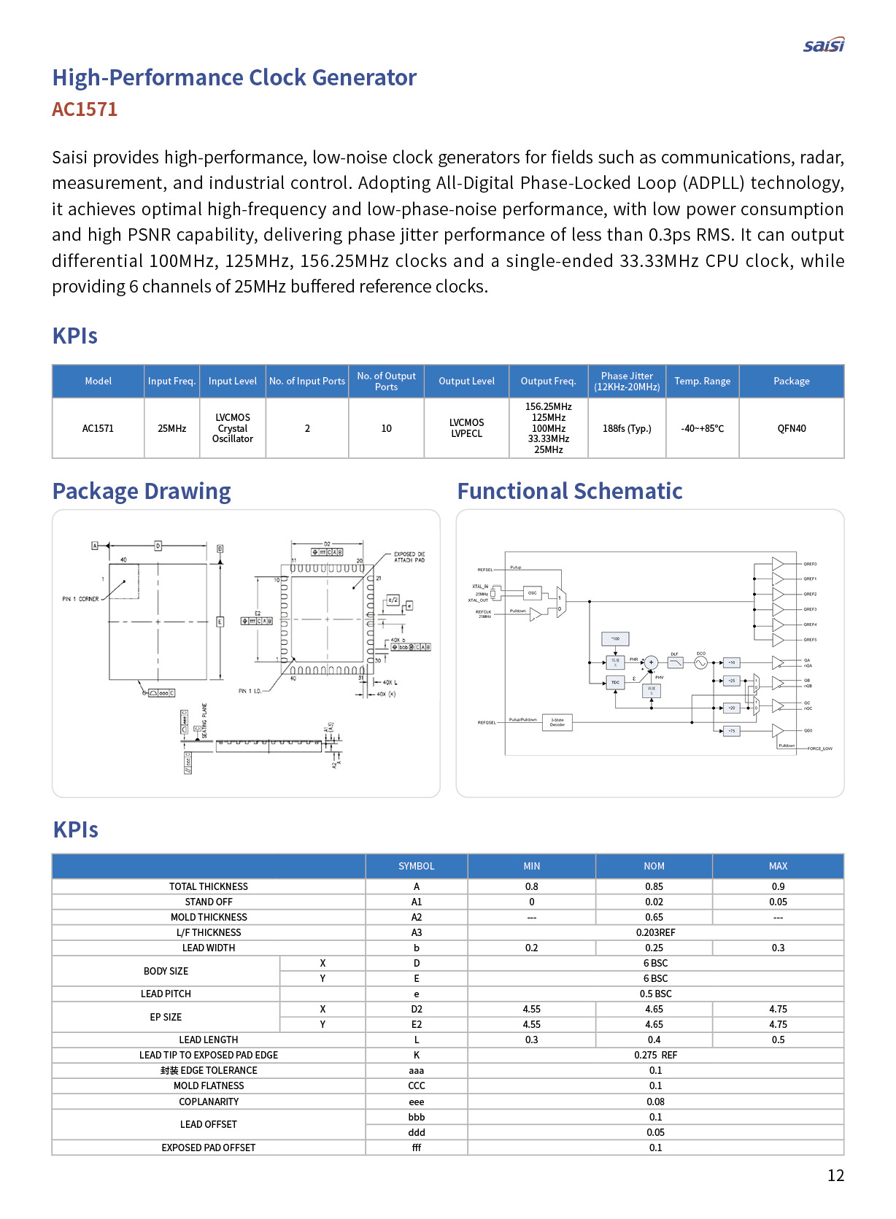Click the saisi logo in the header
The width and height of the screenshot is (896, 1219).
tap(823, 45)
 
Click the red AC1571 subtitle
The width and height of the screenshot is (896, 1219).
tap(85, 109)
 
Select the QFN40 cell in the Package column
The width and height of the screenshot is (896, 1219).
tap(791, 428)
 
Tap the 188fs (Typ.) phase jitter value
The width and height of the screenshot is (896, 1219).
tap(626, 428)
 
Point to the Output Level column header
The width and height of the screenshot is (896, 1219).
tap(466, 381)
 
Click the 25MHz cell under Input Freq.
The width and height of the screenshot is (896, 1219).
tap(171, 428)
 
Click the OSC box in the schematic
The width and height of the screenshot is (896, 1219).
tap(532, 593)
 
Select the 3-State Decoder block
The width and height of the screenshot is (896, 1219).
tap(557, 722)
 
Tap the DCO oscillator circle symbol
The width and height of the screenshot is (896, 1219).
tap(700, 662)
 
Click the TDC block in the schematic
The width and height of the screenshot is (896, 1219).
tap(615, 682)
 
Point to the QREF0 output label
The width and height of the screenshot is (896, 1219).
tap(810, 564)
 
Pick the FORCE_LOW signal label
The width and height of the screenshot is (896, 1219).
tap(819, 748)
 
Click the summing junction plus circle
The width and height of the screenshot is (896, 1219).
tap(651, 662)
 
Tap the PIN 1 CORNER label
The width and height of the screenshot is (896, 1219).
tap(80, 599)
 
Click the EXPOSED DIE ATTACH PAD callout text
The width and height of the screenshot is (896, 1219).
tap(409, 557)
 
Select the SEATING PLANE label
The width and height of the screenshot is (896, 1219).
tap(204, 721)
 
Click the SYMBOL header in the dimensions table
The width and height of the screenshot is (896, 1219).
tap(416, 866)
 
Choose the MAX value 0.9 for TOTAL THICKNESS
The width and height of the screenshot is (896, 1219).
tap(778, 886)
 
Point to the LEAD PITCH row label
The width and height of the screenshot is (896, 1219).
tap(166, 994)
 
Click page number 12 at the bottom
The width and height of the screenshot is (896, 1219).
tap(835, 1175)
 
